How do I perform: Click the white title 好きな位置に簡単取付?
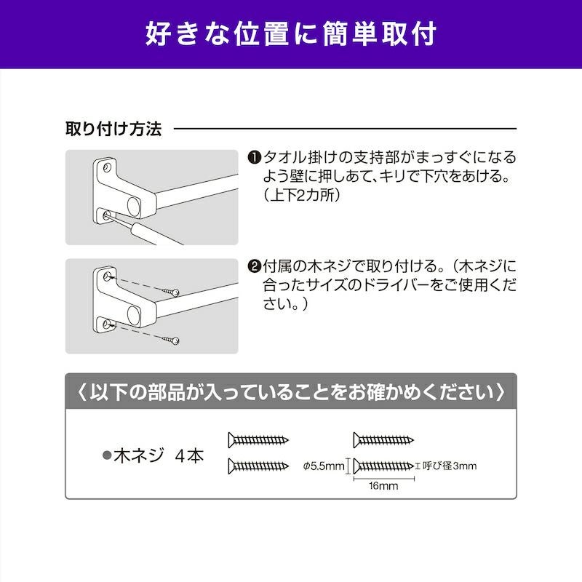tap(291, 33)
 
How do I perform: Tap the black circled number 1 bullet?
tap(254, 157)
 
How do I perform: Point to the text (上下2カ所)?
tap(303, 196)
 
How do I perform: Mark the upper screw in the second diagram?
tap(172, 290)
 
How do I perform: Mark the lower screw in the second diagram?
tap(172, 338)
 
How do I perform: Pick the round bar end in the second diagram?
tap(134, 315)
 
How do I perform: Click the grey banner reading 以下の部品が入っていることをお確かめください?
tap(291, 392)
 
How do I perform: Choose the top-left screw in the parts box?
tap(259, 439)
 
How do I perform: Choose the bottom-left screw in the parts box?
tap(259, 466)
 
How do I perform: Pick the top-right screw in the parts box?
tap(383, 439)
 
